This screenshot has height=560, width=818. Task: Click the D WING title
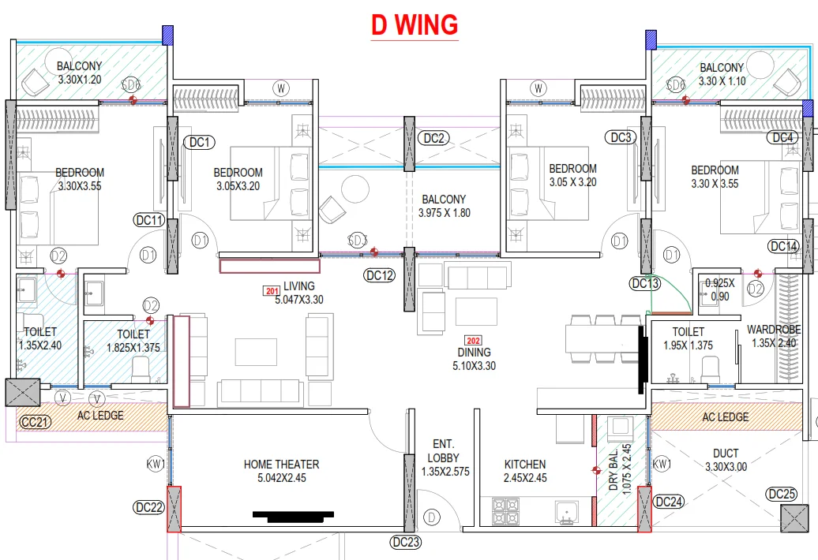click(x=415, y=25)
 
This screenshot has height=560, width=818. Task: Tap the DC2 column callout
click(x=433, y=138)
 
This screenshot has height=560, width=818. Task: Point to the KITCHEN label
click(x=525, y=464)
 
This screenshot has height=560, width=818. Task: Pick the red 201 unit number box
click(x=272, y=291)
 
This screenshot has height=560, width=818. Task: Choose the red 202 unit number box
click(x=473, y=341)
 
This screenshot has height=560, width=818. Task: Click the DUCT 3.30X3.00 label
click(x=726, y=460)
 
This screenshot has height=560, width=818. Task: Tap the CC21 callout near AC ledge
click(x=35, y=422)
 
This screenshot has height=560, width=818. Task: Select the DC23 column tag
click(x=406, y=543)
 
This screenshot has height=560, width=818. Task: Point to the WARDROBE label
click(x=774, y=329)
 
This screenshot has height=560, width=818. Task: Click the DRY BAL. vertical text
click(x=613, y=469)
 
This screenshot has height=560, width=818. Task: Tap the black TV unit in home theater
click(x=293, y=517)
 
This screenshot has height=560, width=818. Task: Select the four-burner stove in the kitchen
click(x=505, y=511)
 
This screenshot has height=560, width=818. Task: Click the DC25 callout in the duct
click(x=782, y=494)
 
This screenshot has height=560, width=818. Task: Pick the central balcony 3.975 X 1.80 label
click(x=444, y=206)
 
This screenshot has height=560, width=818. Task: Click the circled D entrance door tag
click(x=431, y=517)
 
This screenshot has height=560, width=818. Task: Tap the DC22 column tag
click(x=149, y=507)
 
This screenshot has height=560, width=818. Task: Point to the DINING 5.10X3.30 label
click(x=474, y=359)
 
